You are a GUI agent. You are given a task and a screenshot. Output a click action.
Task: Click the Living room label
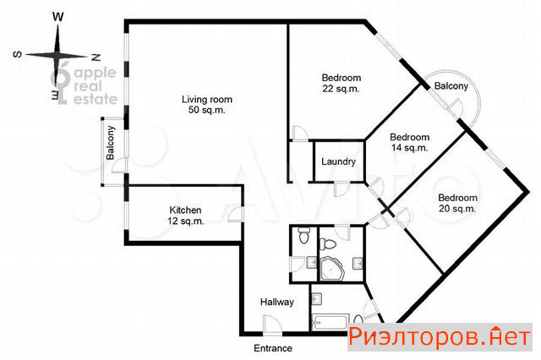click(207, 105)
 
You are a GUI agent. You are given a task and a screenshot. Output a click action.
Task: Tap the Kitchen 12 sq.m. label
click(186, 215)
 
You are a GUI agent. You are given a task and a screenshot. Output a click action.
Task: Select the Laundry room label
click(338, 161)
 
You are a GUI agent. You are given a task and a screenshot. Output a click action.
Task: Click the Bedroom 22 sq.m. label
click(342, 83)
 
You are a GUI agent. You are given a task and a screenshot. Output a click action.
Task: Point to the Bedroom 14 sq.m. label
click(409, 143)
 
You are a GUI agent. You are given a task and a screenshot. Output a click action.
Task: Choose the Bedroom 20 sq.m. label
click(457, 203)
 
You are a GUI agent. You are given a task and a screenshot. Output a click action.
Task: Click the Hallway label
click(277, 302)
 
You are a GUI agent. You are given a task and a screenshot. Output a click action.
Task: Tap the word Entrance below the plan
click(273, 348)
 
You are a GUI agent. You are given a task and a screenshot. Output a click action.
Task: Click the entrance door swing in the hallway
click(272, 325)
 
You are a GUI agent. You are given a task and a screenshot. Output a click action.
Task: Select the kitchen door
click(237, 215)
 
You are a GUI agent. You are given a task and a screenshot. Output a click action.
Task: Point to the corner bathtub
click(331, 268)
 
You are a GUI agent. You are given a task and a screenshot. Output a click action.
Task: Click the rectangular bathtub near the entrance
click(330, 322)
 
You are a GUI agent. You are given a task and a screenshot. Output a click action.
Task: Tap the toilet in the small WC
click(303, 235)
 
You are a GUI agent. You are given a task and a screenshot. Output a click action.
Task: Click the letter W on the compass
click(58, 17)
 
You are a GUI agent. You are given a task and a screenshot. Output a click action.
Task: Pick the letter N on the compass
click(96, 57)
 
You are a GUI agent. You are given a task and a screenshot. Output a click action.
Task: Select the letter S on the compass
click(17, 54)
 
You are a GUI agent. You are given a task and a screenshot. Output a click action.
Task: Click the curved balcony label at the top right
click(451, 85)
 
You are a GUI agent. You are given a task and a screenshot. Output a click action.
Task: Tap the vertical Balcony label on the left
click(110, 143)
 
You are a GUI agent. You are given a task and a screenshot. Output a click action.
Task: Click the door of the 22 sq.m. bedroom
click(299, 134)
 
